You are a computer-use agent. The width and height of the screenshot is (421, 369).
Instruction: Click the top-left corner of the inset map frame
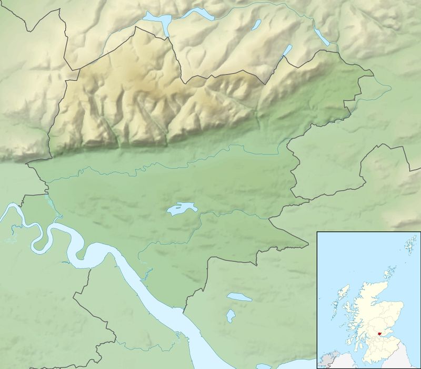point(317,231)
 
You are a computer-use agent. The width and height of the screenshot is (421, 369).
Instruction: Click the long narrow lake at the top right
point(320,36)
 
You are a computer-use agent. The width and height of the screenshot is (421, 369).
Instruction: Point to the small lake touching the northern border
point(287,51)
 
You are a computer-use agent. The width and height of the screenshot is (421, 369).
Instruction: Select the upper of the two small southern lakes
point(239,297)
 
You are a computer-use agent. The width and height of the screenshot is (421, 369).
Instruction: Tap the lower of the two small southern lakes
point(230,315)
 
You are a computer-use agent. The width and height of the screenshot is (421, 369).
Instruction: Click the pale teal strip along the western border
point(51,203)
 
